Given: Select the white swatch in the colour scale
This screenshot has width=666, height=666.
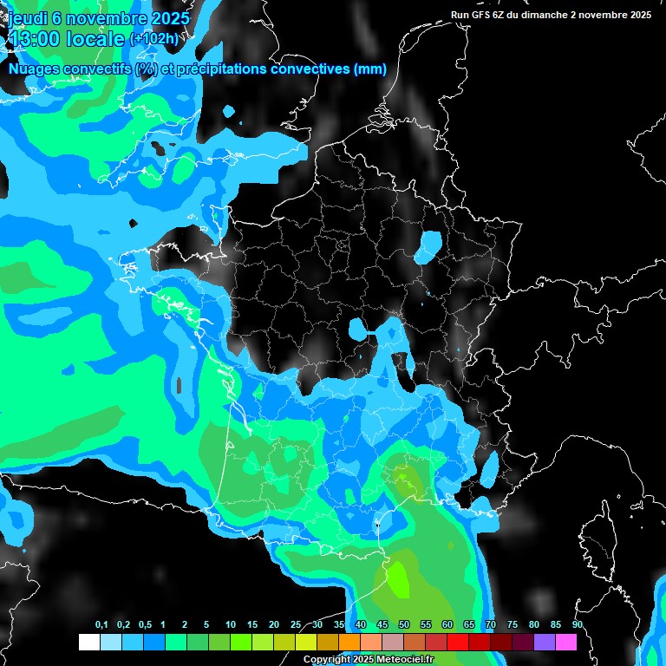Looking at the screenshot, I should (x=88, y=643).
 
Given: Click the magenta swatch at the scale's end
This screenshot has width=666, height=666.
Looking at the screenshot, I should (x=566, y=643).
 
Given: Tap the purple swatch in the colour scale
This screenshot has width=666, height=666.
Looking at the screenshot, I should (x=545, y=643).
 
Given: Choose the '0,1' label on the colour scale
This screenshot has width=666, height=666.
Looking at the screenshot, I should (x=101, y=625).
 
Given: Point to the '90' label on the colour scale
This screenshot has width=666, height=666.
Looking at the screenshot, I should (x=577, y=625).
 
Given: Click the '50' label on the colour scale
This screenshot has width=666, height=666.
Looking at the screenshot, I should (x=404, y=625).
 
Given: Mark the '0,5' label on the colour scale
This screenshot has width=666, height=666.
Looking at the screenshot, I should (x=145, y=625).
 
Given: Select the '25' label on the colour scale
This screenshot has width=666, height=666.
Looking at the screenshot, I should (x=296, y=625).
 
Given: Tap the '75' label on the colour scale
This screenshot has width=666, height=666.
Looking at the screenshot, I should (x=512, y=625).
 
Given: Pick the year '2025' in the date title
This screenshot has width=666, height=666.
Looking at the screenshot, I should (x=164, y=18).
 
